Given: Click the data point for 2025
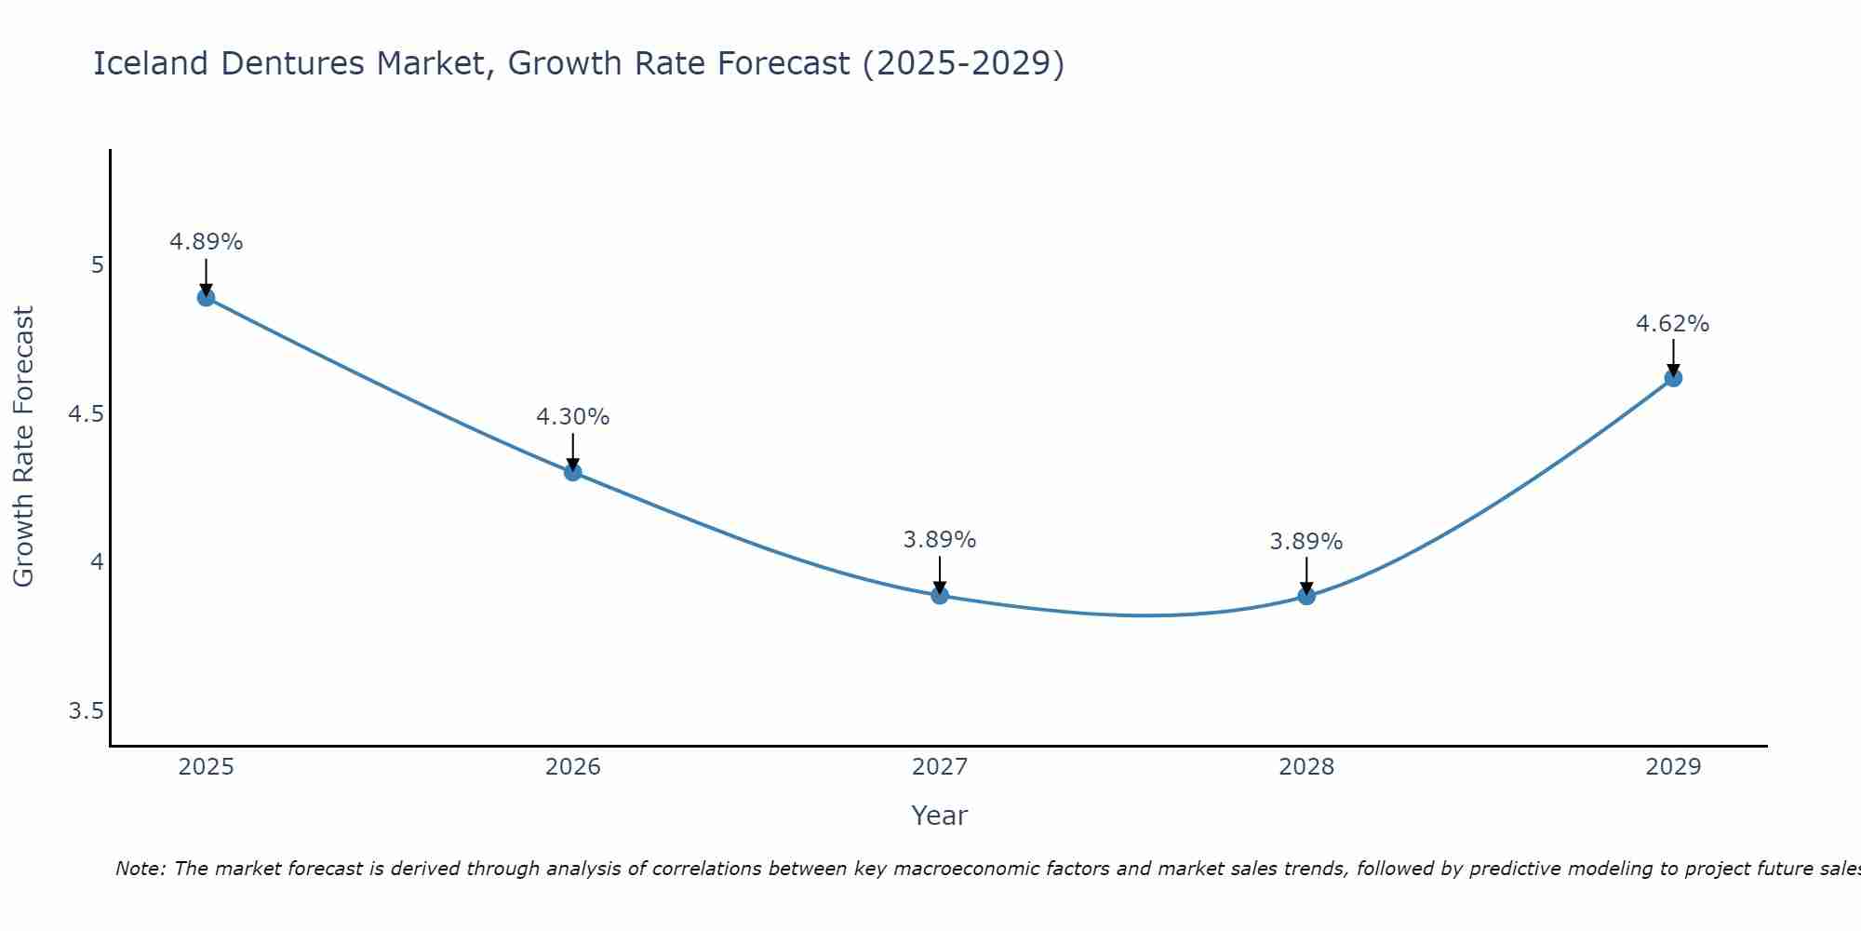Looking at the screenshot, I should coord(206,298).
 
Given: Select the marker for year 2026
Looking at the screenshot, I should coord(573,472).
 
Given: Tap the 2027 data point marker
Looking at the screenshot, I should coord(940,595).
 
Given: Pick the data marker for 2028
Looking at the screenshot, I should coord(1306,596).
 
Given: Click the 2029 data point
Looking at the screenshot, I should coord(1673,378).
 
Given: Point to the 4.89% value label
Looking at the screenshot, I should coord(206,242).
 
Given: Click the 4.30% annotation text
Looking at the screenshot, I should coord(573,417).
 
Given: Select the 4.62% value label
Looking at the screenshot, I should coord(1672,324).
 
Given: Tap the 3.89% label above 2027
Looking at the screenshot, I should coord(940,540).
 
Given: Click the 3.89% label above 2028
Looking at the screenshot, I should coord(1306,542).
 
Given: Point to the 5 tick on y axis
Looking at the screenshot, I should coord(97,265).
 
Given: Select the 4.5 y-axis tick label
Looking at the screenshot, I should coord(86,414).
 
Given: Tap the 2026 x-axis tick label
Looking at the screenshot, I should coord(573,767).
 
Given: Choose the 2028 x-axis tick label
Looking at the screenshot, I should coord(1306,767).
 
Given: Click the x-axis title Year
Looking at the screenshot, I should coord(940,816).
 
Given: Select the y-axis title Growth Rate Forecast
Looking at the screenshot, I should coord(23,447).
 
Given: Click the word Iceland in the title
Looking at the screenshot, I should coord(151,63).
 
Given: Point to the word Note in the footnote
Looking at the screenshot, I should coord(140,869).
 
